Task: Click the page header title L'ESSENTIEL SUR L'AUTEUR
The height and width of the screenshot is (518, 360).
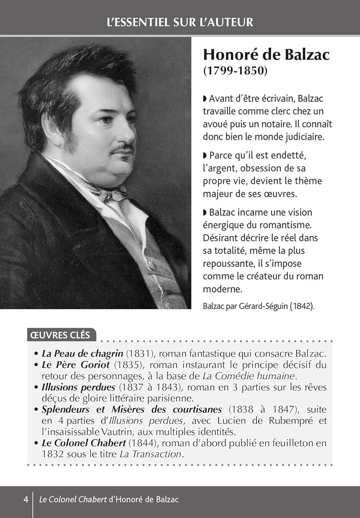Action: click(x=180, y=22)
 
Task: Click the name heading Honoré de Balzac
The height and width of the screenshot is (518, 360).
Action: click(x=266, y=55)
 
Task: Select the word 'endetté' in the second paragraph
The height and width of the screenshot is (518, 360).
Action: click(x=289, y=155)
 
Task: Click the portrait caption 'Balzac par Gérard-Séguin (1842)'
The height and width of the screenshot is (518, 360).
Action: click(x=259, y=306)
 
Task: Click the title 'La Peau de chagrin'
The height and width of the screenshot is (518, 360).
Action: click(x=82, y=354)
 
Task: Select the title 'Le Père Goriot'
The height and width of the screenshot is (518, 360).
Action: click(x=75, y=365)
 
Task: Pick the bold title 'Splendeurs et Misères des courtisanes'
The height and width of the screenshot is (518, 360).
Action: click(x=132, y=410)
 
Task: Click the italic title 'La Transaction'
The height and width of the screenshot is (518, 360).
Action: click(x=150, y=454)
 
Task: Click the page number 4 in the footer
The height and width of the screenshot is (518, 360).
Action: click(x=26, y=499)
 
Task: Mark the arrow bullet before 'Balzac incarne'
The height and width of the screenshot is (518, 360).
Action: click(x=205, y=212)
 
